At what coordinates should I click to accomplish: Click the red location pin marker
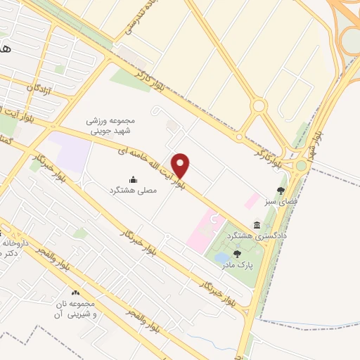pyautogui.click(x=181, y=166)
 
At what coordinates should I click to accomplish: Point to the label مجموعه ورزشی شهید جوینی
pyautogui.click(x=108, y=125)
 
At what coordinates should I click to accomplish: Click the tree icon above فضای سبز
pyautogui.click(x=281, y=190)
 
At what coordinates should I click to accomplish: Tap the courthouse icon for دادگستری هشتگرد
pyautogui.click(x=257, y=225)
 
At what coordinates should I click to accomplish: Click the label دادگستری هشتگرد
pyautogui.click(x=281, y=236)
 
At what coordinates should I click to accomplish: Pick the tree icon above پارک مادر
pyautogui.click(x=237, y=254)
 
